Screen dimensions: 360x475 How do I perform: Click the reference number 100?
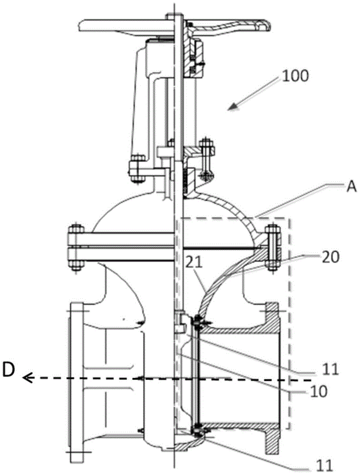295,76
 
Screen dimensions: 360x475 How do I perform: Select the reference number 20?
330,257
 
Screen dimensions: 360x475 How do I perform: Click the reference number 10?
318,391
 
